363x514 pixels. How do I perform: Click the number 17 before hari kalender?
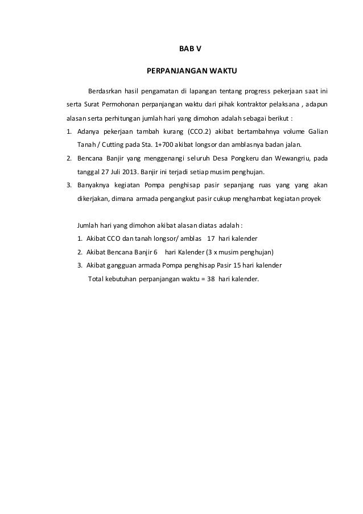pos(211,238)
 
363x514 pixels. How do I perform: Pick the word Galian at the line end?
pos(316,133)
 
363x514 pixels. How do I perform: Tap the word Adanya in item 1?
pos(88,133)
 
